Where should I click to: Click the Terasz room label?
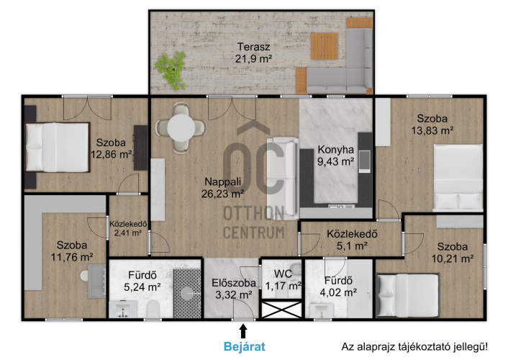[254, 47]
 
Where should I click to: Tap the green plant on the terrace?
[171, 70]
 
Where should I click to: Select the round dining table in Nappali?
[181, 127]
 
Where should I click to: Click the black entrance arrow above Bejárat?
[243, 332]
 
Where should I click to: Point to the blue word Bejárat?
[244, 346]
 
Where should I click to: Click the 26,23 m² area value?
[222, 194]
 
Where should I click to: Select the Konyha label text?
[335, 150]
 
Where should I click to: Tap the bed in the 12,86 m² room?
[58, 147]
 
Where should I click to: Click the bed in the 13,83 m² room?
[458, 178]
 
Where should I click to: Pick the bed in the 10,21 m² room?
[408, 294]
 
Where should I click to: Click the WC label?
[283, 274]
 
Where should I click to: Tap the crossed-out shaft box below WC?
[281, 310]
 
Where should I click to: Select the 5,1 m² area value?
[352, 246]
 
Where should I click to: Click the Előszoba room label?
[234, 283]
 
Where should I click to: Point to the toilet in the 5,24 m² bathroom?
[153, 309]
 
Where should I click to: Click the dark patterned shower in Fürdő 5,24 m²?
[187, 293]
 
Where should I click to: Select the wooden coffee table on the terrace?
[325, 46]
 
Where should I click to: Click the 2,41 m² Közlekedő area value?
[128, 233]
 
